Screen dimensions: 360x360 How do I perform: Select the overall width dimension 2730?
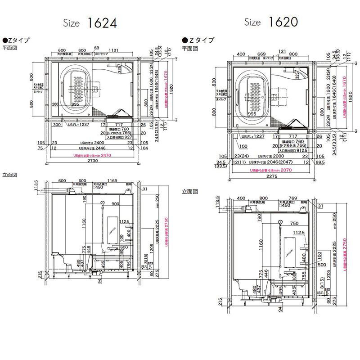click(x=92, y=161)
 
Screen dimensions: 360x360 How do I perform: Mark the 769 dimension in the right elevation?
click(x=293, y=198)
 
